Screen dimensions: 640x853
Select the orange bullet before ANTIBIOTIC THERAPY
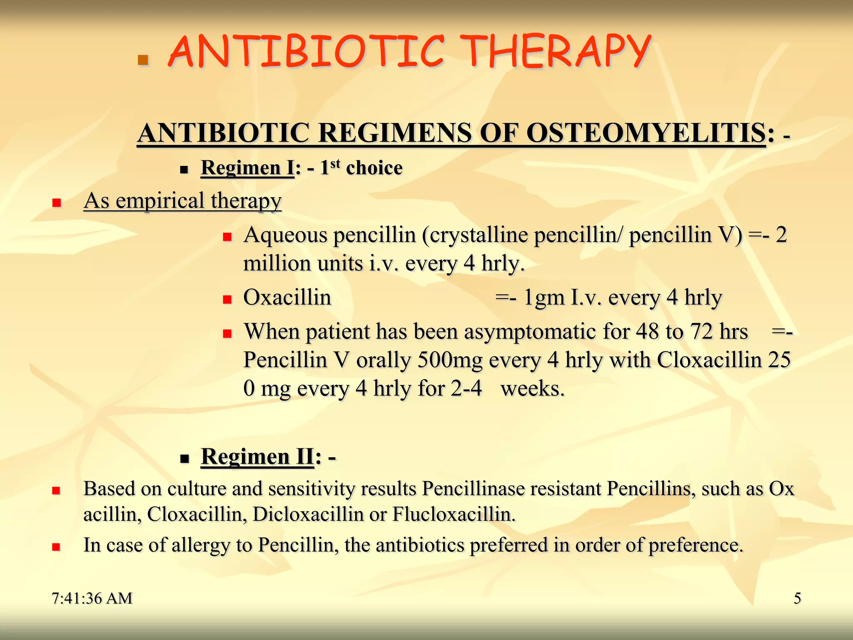click(x=143, y=60)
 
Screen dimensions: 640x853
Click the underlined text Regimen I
click(x=247, y=168)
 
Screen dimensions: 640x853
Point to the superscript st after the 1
click(x=335, y=163)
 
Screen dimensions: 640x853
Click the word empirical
click(x=160, y=200)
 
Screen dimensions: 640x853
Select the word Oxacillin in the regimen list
click(x=287, y=297)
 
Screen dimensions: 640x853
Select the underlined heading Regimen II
click(x=257, y=456)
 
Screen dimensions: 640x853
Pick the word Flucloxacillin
click(x=454, y=514)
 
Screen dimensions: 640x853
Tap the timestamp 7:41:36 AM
click(x=92, y=598)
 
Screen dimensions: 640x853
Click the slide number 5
click(x=797, y=598)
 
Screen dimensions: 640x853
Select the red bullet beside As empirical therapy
click(x=57, y=203)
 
